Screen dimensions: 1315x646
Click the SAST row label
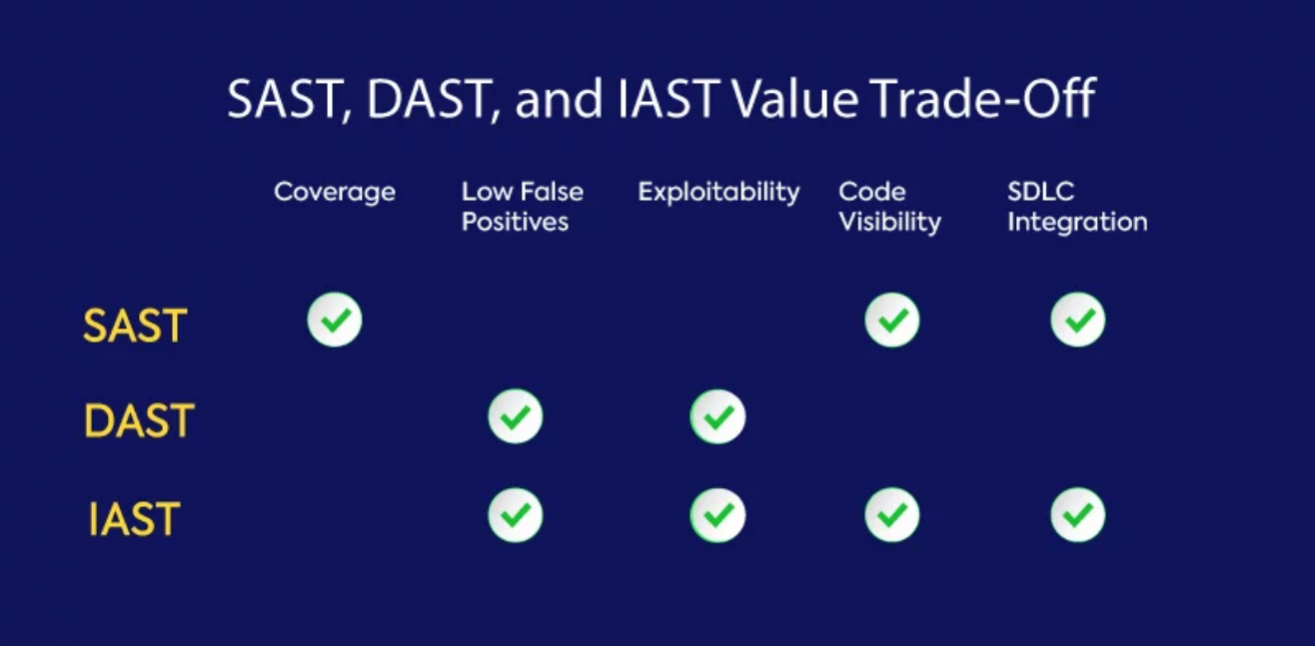click(135, 325)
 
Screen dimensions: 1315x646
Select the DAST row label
click(139, 420)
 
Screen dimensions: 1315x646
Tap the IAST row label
click(134, 518)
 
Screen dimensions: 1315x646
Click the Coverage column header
click(335, 193)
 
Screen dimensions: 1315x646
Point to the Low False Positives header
click(523, 207)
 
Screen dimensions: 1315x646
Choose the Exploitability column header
click(719, 193)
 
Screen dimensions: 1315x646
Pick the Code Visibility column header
click(890, 207)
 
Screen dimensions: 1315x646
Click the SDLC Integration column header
click(1078, 207)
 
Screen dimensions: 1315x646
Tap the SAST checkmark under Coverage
click(335, 320)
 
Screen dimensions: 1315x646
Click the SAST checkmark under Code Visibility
click(892, 320)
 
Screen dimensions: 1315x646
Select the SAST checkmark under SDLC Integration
click(1078, 320)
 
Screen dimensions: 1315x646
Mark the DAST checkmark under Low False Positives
click(516, 416)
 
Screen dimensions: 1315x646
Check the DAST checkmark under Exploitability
click(718, 416)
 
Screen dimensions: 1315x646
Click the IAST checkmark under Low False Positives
click(516, 515)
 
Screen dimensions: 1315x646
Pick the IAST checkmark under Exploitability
click(718, 515)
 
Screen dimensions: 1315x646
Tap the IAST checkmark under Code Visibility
click(892, 515)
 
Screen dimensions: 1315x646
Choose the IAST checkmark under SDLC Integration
click(1078, 515)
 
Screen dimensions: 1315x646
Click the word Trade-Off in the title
click(984, 99)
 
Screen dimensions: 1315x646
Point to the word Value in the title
click(796, 99)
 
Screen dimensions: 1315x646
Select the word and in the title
click(559, 99)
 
